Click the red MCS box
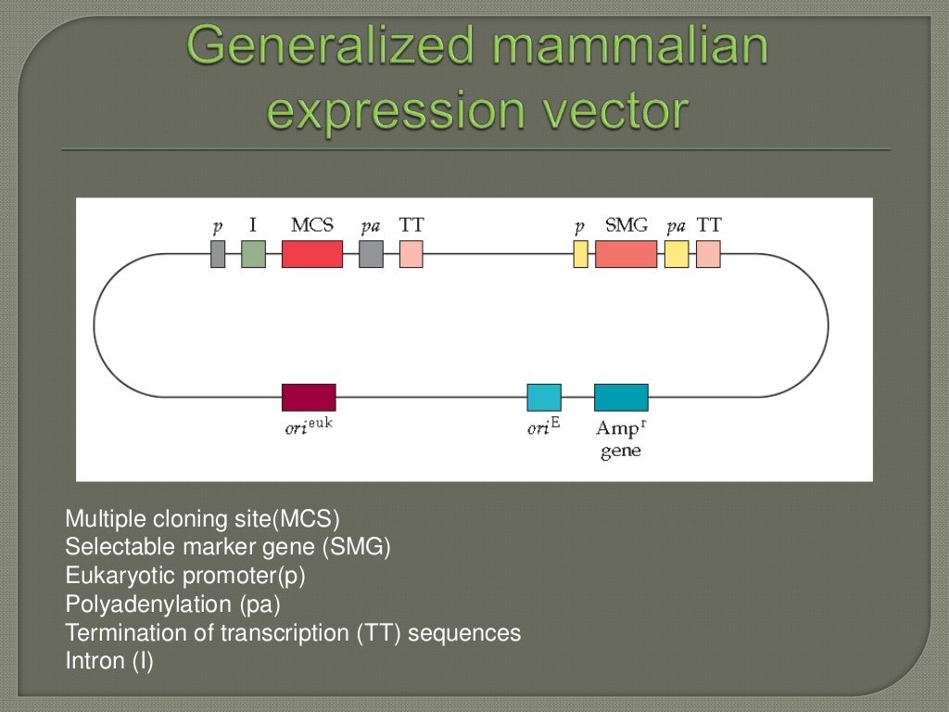[x=311, y=254]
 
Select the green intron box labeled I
[x=253, y=254]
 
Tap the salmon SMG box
[x=626, y=254]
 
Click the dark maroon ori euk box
[x=309, y=397]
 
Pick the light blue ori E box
[x=544, y=397]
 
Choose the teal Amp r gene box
[x=621, y=397]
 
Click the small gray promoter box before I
[x=218, y=254]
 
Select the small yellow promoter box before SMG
[x=580, y=254]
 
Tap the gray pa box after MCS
[x=371, y=254]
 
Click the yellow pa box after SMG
[x=677, y=254]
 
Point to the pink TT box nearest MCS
[x=411, y=254]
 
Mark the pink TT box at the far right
[x=708, y=254]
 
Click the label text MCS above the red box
[x=311, y=225]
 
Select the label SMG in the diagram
[x=626, y=225]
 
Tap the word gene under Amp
[x=620, y=452]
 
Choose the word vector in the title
[x=614, y=111]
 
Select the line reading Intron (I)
[x=109, y=661]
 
